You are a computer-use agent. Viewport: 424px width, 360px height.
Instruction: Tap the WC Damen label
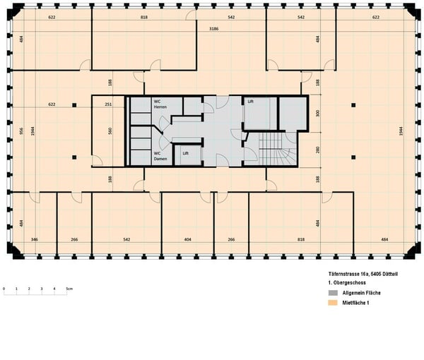click(x=160, y=156)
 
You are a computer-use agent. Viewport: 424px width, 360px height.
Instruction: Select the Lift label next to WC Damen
click(x=185, y=153)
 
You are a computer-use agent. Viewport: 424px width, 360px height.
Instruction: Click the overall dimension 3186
click(x=213, y=29)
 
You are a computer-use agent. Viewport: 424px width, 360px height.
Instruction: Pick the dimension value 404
click(x=187, y=239)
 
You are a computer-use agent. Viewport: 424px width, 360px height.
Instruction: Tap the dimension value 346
click(x=34, y=239)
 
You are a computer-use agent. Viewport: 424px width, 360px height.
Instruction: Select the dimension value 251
click(x=108, y=104)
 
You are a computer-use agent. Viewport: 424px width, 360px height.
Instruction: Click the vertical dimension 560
click(x=110, y=131)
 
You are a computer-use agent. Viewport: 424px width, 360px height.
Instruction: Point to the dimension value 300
click(x=318, y=113)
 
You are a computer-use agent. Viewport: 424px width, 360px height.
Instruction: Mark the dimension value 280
click(x=318, y=150)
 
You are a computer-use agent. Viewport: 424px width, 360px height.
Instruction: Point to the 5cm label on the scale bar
click(x=69, y=289)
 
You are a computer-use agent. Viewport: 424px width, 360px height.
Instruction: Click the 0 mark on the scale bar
click(x=4, y=289)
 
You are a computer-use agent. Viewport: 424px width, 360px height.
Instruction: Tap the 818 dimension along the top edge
click(x=144, y=16)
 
